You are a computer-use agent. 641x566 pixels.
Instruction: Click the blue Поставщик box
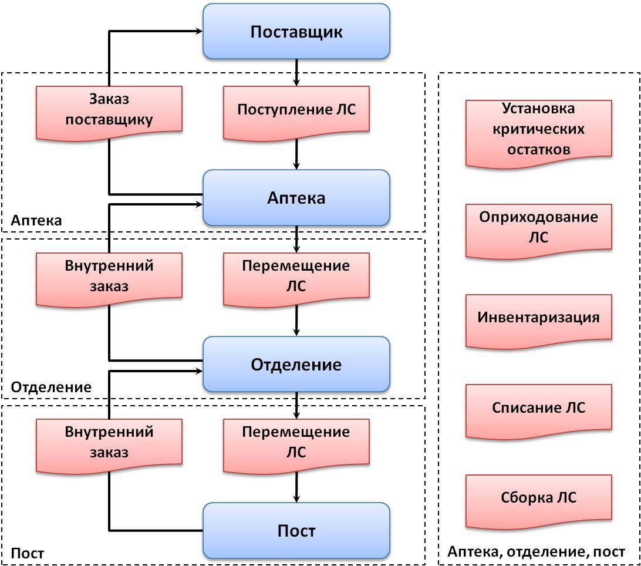click(x=296, y=32)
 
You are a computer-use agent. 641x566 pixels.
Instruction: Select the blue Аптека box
click(x=296, y=198)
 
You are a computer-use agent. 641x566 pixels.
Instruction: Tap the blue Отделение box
click(x=296, y=365)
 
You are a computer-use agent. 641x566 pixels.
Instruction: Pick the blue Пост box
click(x=296, y=531)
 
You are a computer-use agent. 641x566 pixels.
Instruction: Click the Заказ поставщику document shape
click(x=109, y=110)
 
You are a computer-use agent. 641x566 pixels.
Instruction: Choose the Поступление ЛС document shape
click(x=296, y=110)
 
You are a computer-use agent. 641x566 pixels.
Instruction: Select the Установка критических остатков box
click(x=538, y=129)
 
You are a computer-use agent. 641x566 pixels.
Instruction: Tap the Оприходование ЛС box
click(x=538, y=228)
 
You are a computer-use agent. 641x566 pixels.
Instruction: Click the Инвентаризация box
click(x=538, y=318)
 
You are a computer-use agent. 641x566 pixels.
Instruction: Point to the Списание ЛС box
click(x=538, y=408)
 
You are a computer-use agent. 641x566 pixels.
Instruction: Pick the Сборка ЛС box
click(x=538, y=498)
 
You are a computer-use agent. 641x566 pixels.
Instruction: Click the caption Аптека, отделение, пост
click(x=536, y=552)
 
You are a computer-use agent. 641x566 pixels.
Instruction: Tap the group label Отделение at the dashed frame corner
click(x=51, y=388)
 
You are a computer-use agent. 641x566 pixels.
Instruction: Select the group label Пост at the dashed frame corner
click(x=28, y=554)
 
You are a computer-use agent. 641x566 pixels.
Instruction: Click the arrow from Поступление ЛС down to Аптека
click(x=296, y=156)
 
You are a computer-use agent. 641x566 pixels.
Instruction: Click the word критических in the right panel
click(x=539, y=129)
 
